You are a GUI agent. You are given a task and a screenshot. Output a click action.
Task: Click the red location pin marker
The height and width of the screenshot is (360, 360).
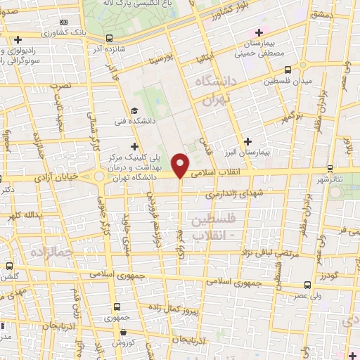(x=181, y=165)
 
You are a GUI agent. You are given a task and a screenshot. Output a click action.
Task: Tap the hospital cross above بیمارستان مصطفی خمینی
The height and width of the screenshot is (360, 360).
(x=259, y=32)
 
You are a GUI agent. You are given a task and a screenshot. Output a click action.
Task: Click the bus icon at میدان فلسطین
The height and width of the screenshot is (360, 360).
(x=288, y=70)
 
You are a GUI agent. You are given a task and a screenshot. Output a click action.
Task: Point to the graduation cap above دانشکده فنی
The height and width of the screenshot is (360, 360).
(x=134, y=110)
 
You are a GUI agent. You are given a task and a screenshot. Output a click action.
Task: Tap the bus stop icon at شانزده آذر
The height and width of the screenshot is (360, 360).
(x=109, y=39)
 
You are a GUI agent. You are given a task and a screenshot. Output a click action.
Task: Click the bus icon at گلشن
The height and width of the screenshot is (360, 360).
(x=8, y=266)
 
